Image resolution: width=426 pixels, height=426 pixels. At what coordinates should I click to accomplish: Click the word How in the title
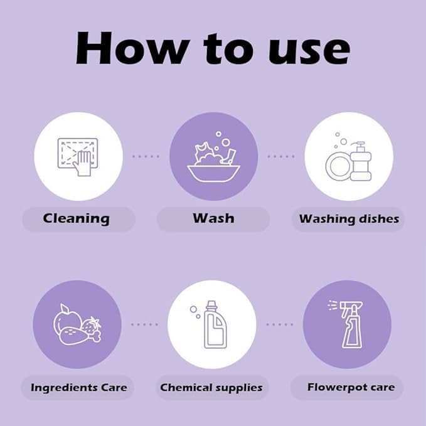(x=130, y=48)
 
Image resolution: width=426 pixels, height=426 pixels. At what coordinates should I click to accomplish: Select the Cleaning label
(x=77, y=219)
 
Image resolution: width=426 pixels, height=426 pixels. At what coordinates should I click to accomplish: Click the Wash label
(x=213, y=218)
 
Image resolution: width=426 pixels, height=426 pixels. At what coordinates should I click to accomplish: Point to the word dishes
(x=379, y=219)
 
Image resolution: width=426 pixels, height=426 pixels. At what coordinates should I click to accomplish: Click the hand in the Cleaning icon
(x=83, y=163)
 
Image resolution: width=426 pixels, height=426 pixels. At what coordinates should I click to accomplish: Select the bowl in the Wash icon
(x=213, y=173)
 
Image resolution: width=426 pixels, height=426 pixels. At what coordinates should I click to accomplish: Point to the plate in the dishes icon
(x=338, y=166)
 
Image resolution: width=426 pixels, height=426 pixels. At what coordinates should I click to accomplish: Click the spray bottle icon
(x=348, y=324)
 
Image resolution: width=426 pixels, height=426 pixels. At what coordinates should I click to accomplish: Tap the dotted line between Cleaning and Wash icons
(x=146, y=156)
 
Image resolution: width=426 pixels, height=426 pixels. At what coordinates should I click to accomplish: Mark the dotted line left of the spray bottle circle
(x=280, y=324)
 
